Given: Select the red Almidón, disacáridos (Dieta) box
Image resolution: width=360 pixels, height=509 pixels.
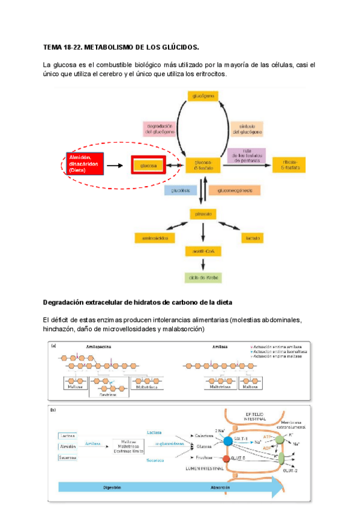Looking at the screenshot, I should (x=85, y=163).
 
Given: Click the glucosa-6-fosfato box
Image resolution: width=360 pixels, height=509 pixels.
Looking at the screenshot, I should (x=203, y=164).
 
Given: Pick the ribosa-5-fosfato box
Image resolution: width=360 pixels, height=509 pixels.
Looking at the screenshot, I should (x=289, y=164).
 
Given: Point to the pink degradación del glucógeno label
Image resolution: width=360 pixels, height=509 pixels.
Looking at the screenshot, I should (x=160, y=129).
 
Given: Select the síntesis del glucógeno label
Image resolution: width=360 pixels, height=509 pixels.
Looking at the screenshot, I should (x=247, y=129).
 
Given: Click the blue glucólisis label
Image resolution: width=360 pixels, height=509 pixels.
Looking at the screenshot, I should (x=182, y=190).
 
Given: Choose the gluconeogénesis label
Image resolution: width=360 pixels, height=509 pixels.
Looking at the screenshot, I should (x=239, y=190).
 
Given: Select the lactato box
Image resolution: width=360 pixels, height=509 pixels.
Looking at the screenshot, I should (x=253, y=238).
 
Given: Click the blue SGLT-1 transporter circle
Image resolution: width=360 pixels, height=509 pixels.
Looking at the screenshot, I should (x=229, y=441).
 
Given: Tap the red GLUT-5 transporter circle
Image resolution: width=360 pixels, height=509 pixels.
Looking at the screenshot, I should (x=226, y=459).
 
